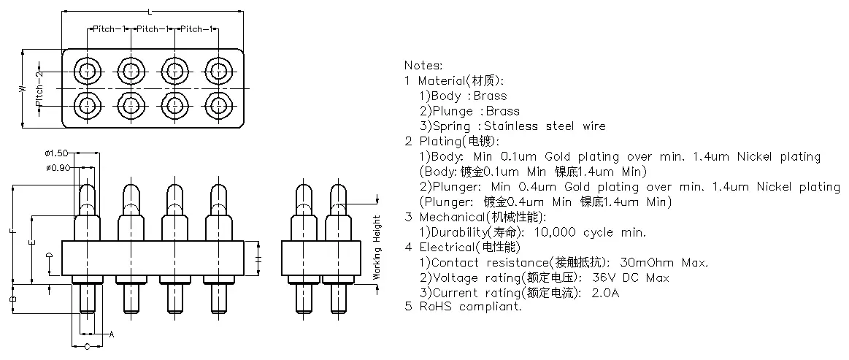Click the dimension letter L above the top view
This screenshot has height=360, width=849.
pyautogui.click(x=150, y=12)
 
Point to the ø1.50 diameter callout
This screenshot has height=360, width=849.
pyautogui.click(x=56, y=153)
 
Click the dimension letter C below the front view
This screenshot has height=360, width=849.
pyautogui.click(x=86, y=346)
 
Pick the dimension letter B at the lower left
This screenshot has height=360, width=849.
pyautogui.click(x=12, y=299)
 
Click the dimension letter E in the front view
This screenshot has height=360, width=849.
pyautogui.click(x=31, y=241)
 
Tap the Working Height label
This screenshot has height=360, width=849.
pyautogui.click(x=377, y=248)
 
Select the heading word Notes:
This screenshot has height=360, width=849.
pyautogui.click(x=423, y=66)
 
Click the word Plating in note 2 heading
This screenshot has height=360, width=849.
pyautogui.click(x=439, y=141)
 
